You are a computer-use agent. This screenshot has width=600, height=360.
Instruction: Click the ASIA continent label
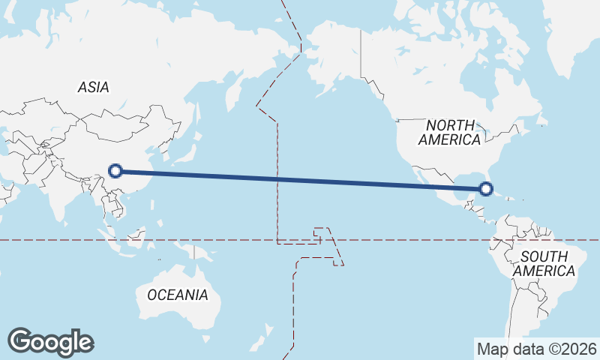pos(94,88)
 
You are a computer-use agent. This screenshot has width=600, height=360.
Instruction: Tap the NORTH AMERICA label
pos(450,133)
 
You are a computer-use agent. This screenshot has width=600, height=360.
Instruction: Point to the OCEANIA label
pos(178,295)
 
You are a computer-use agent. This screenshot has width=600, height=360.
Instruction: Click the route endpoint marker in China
pos(115,171)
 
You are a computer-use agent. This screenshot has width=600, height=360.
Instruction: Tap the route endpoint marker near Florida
pos(486,189)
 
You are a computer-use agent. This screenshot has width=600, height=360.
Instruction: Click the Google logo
pos(50,342)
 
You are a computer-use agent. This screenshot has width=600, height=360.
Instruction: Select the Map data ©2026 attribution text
pos(537,349)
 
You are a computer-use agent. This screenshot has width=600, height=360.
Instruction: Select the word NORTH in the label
pos(450,125)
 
